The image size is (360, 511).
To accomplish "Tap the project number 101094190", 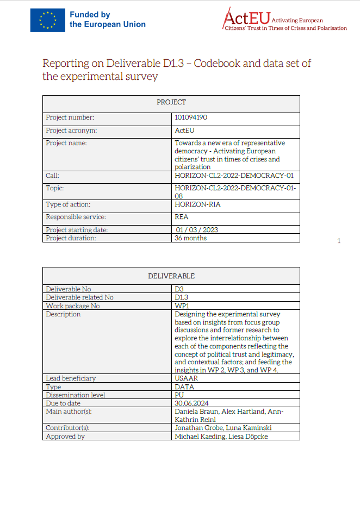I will [x=191, y=117].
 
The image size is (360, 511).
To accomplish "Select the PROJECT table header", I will [x=171, y=102].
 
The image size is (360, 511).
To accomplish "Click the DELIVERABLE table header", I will [x=171, y=276].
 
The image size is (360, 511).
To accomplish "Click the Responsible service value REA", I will [x=182, y=217].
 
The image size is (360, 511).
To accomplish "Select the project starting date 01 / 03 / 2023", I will [x=196, y=230].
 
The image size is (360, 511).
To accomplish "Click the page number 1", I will [x=339, y=241].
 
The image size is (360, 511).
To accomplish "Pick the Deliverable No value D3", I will [x=179, y=289].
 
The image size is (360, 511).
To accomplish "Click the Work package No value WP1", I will [x=182, y=306].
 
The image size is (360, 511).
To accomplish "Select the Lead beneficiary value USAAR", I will [x=186, y=378].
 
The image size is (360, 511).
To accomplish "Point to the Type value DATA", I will [x=184, y=387].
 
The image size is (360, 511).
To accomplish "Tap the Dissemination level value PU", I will [x=179, y=395].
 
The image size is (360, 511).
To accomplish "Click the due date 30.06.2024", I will [x=191, y=403].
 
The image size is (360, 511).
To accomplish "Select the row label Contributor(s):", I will [x=67, y=428].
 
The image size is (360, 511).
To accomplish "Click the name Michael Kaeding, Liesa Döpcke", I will [x=221, y=436].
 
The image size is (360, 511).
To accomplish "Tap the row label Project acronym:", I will [x=71, y=130].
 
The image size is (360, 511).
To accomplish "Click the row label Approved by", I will [x=65, y=436].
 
